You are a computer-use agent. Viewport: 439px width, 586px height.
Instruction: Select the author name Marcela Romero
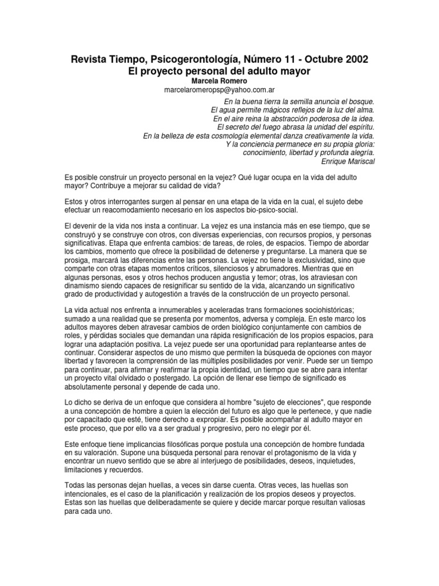pos(219,82)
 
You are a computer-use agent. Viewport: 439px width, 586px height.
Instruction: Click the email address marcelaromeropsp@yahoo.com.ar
pos(219,91)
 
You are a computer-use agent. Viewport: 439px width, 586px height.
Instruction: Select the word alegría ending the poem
pos(358,152)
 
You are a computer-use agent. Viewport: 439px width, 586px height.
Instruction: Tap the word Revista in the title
pos(87,60)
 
